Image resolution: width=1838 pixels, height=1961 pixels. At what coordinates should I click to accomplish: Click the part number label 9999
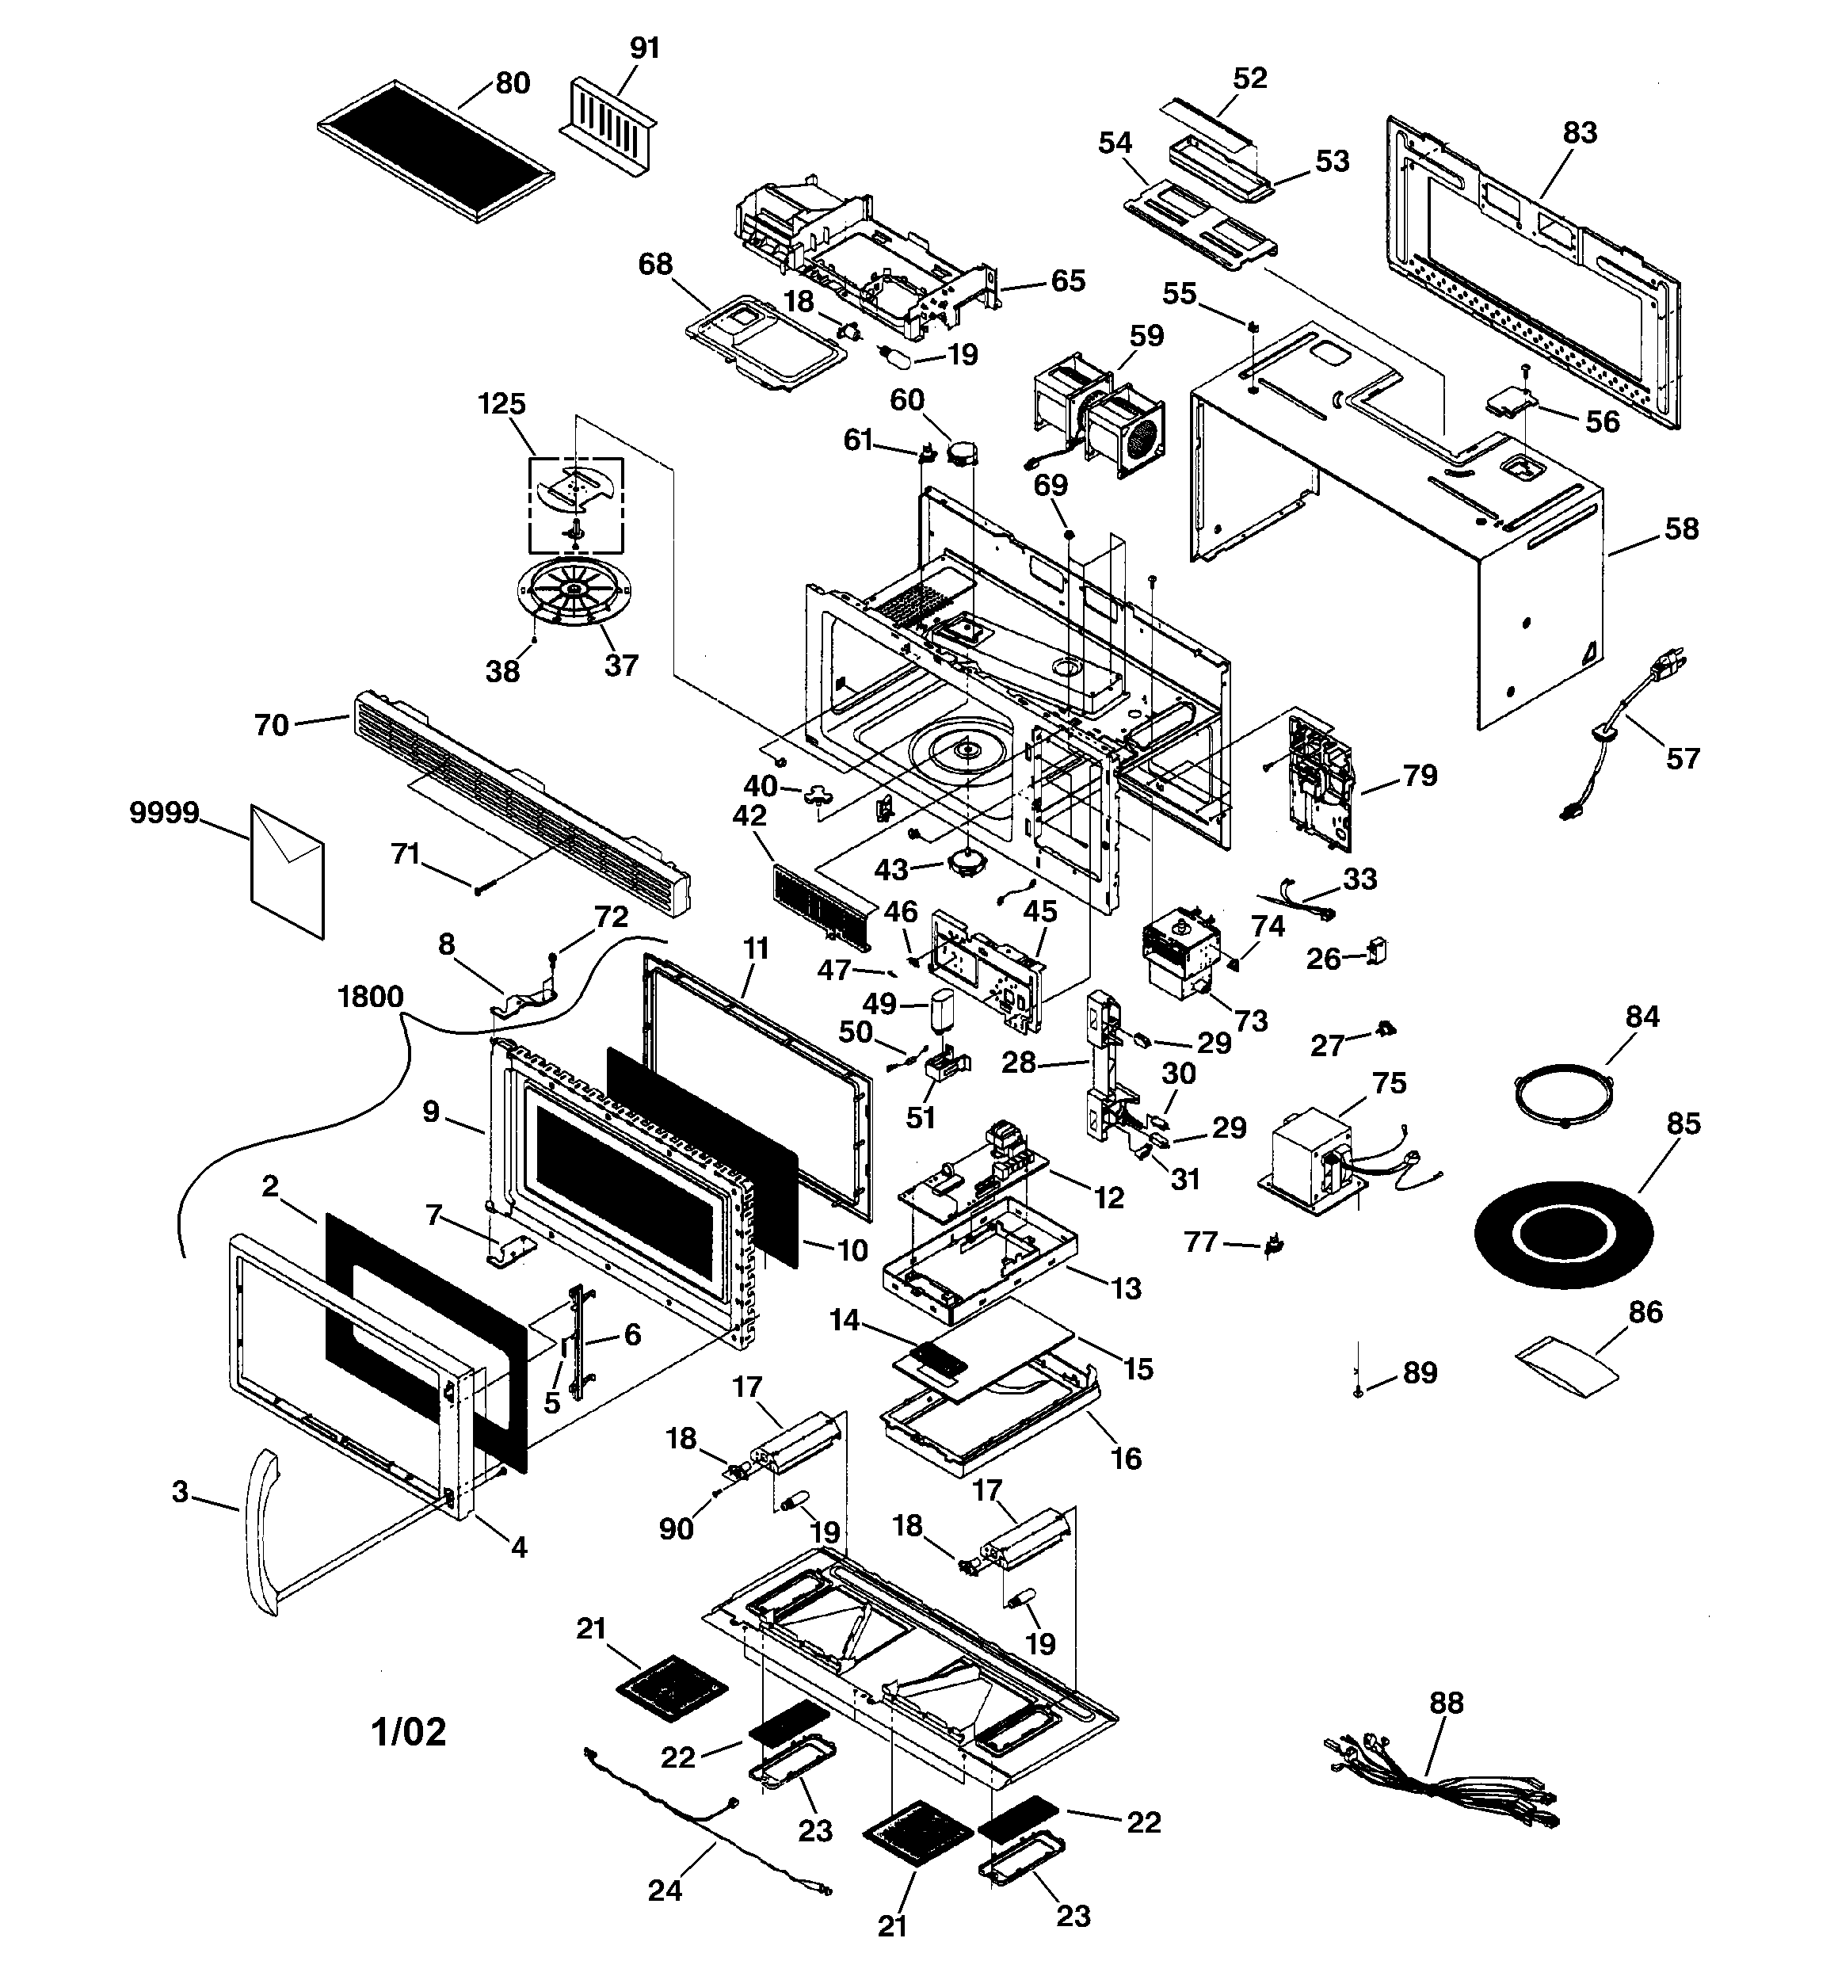point(164,814)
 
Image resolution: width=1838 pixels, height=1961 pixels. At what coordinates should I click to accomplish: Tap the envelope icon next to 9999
point(287,871)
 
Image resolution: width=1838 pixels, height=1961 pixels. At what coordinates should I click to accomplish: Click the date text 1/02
point(409,1732)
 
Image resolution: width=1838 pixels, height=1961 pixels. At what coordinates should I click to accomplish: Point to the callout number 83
point(1580,132)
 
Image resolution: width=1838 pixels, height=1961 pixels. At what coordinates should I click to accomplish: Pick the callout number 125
point(502,403)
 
